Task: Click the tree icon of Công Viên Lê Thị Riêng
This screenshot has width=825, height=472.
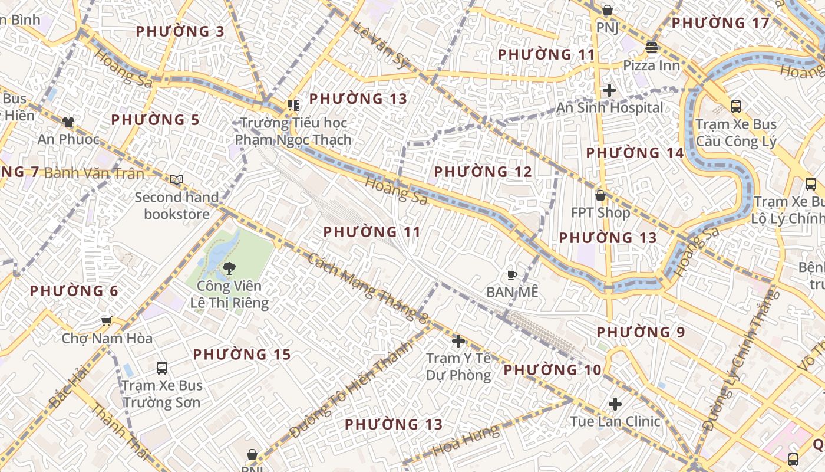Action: pyautogui.click(x=229, y=268)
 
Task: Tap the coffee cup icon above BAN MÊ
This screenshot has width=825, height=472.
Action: pyautogui.click(x=512, y=275)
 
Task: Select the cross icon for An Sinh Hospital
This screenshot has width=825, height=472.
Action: pyautogui.click(x=609, y=90)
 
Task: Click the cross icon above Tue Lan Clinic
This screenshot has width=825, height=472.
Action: pyautogui.click(x=615, y=404)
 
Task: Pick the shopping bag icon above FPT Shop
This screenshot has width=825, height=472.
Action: pyautogui.click(x=600, y=195)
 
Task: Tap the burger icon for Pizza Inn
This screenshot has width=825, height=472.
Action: pyautogui.click(x=652, y=47)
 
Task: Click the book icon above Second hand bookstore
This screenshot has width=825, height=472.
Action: pyautogui.click(x=177, y=179)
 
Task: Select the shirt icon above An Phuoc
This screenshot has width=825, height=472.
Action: pyautogui.click(x=68, y=122)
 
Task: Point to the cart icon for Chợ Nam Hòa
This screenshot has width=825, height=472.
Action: pyautogui.click(x=107, y=321)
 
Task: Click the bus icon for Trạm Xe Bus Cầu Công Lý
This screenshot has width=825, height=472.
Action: pyautogui.click(x=736, y=107)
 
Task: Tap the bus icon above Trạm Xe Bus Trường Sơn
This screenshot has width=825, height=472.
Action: pyautogui.click(x=162, y=368)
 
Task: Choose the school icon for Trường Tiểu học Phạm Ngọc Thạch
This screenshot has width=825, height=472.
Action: pyautogui.click(x=293, y=106)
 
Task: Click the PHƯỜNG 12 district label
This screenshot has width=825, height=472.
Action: pyautogui.click(x=483, y=172)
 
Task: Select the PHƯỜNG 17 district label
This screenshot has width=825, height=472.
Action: pyautogui.click(x=720, y=23)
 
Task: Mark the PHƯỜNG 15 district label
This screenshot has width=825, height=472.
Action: pyautogui.click(x=242, y=355)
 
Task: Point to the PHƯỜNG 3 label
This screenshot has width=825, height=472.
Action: pyautogui.click(x=180, y=31)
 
